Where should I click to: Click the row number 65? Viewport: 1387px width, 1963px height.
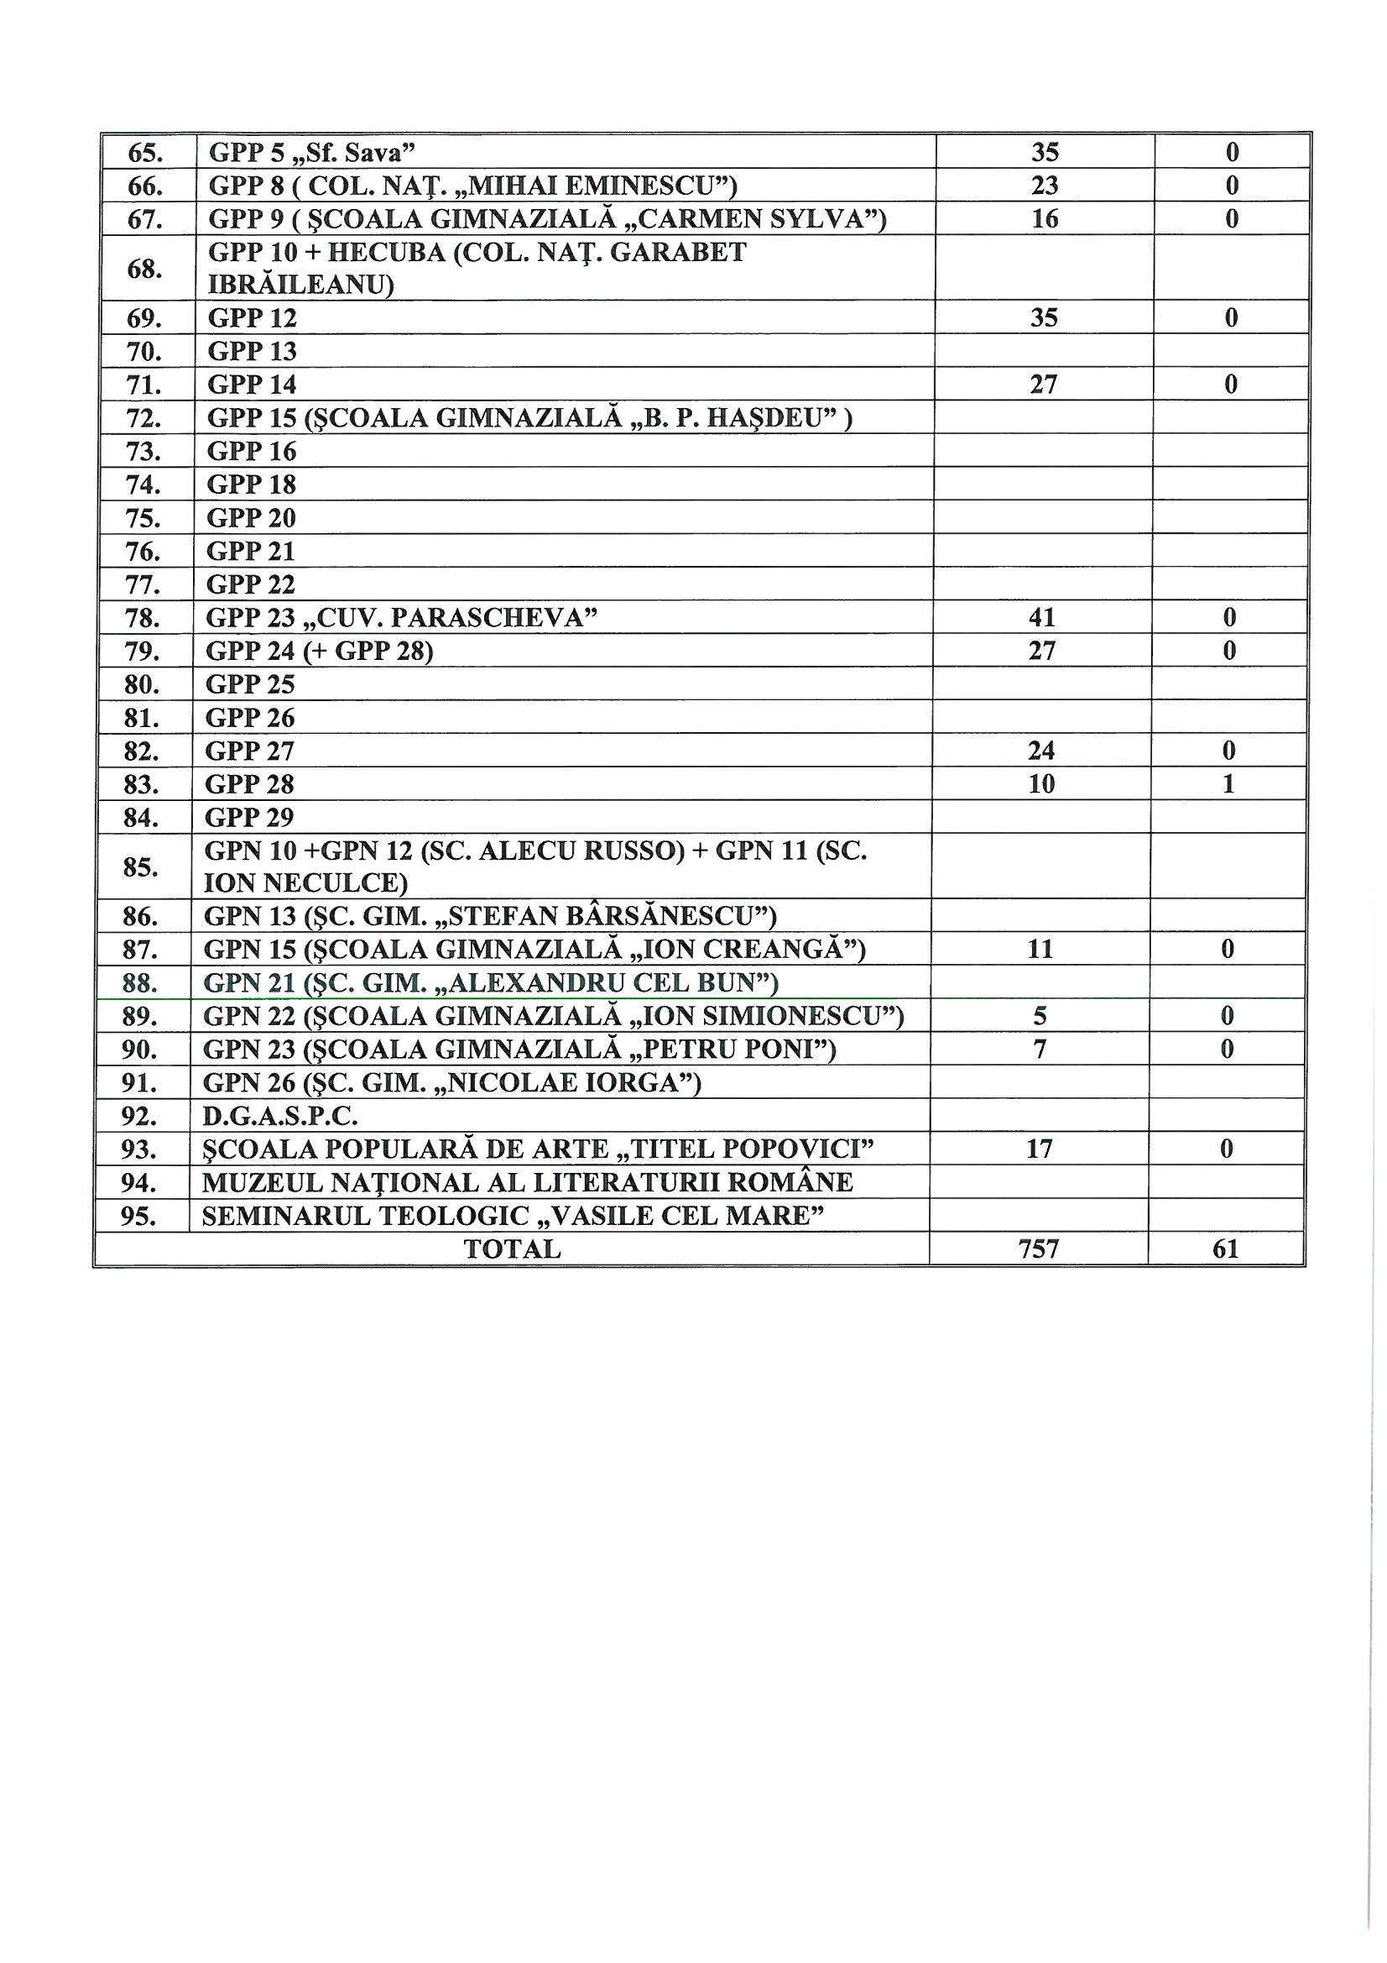145,153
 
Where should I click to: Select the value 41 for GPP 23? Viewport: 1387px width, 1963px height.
1042,617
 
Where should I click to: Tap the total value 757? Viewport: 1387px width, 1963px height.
1038,1249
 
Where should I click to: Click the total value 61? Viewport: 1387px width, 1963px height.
1226,1249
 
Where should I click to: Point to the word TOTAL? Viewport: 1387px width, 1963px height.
512,1249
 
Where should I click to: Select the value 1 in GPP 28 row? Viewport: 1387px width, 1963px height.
1228,784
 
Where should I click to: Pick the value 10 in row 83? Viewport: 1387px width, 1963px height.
1041,784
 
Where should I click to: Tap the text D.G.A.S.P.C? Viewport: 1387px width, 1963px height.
279,1116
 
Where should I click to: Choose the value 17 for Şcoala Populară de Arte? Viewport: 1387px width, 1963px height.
1039,1149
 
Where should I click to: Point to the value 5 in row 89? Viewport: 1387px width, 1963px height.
1040,1016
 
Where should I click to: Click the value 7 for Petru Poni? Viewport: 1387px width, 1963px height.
1040,1049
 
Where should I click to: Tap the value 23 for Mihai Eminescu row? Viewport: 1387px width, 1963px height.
1045,186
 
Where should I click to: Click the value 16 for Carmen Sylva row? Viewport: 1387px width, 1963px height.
1045,219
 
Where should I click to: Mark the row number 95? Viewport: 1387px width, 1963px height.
138,1216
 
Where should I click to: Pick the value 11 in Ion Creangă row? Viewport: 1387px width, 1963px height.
1040,949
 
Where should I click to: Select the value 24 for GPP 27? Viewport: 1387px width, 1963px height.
1041,751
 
